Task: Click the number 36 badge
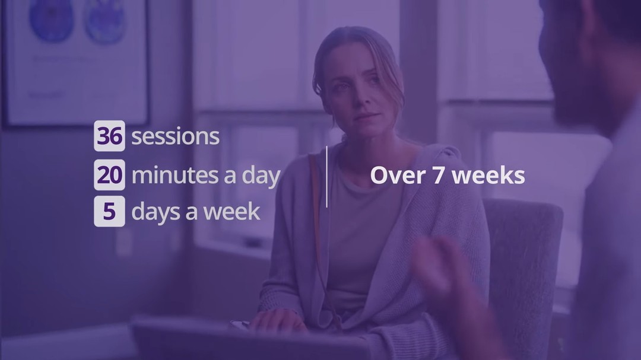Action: [x=110, y=136]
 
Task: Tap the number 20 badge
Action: [x=110, y=174]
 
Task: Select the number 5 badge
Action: [x=110, y=211]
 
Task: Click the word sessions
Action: [x=175, y=136]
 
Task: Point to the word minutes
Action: [x=175, y=176]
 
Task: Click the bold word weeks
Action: [x=488, y=176]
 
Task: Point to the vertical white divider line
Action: [x=326, y=177]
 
